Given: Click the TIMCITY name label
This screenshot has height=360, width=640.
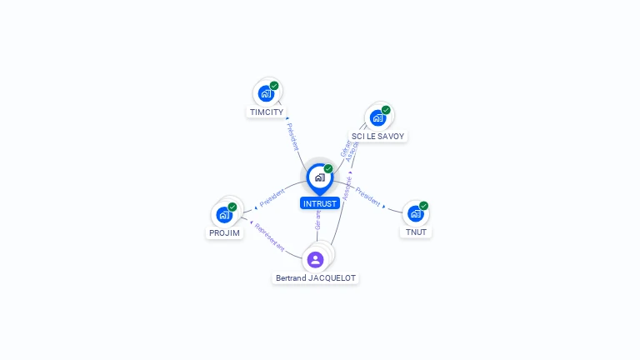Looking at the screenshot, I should [267, 112].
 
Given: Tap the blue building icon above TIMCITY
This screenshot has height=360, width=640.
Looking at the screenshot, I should [266, 92].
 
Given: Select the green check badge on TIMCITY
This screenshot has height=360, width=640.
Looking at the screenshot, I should [274, 85].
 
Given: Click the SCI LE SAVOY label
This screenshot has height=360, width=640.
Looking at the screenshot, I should [378, 136].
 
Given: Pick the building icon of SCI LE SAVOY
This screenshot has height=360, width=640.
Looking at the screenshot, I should [377, 117].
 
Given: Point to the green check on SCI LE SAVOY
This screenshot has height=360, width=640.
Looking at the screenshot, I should [386, 109].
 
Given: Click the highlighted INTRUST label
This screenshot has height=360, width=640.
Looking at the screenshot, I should [320, 203].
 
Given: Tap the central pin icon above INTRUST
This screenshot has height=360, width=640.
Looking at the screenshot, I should [320, 177].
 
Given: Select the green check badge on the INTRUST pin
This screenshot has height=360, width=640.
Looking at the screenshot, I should [328, 168].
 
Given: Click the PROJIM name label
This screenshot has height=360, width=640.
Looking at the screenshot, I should [225, 233].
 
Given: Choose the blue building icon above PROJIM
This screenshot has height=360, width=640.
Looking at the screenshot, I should [224, 214].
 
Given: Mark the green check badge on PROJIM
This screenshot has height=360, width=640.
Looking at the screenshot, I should [232, 207].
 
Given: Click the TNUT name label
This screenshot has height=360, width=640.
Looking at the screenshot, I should [416, 232].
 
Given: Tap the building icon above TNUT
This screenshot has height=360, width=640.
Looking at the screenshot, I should [415, 213].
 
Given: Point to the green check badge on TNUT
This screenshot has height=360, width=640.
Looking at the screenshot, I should [423, 205].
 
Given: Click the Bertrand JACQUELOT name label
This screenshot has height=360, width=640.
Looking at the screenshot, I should [316, 277].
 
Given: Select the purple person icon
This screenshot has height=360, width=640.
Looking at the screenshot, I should [315, 259].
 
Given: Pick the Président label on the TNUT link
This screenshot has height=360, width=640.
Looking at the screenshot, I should [367, 197].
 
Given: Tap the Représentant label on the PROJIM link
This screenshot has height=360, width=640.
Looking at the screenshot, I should [270, 237].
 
